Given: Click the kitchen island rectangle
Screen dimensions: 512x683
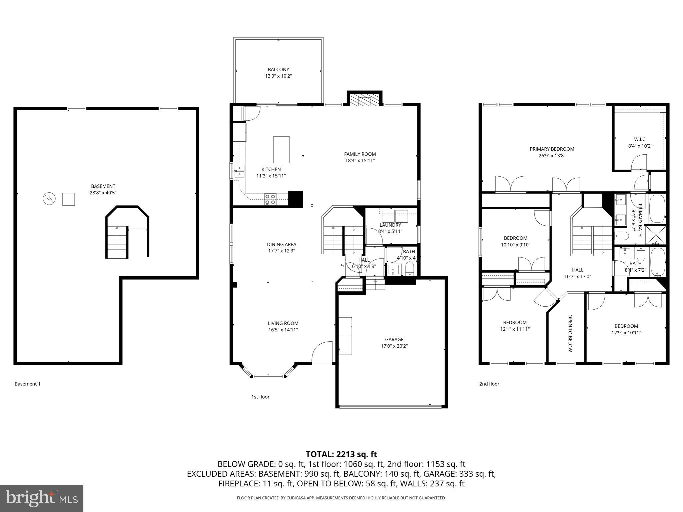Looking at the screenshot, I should pos(281,150).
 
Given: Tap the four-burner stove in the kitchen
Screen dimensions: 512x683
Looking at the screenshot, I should pos(270,199).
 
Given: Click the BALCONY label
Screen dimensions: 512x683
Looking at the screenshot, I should pos(278,70).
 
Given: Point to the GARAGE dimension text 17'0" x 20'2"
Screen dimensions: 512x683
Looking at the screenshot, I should pos(394,346).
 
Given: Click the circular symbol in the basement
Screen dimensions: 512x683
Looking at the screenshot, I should pos(49,199).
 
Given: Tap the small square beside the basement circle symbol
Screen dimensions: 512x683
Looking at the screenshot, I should pos(68,199).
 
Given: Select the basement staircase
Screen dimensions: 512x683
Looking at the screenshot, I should pos(117,242).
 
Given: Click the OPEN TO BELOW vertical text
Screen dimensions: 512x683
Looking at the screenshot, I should pos(570,333).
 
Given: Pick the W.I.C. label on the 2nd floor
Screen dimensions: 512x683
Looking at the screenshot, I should pos(640,139).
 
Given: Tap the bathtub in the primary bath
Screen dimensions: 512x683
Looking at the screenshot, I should pos(657,208).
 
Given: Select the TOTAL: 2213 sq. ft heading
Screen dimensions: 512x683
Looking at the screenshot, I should pos(341,454).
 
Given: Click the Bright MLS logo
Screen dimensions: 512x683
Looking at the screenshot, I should pos(41,498).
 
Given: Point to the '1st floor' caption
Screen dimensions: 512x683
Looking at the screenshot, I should pos(260,397).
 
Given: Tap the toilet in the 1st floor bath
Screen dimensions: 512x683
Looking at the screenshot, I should pos(409,269).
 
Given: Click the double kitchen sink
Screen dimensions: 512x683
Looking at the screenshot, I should pos(239,171).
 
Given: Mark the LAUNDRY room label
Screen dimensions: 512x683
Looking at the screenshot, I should pos(390,225).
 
